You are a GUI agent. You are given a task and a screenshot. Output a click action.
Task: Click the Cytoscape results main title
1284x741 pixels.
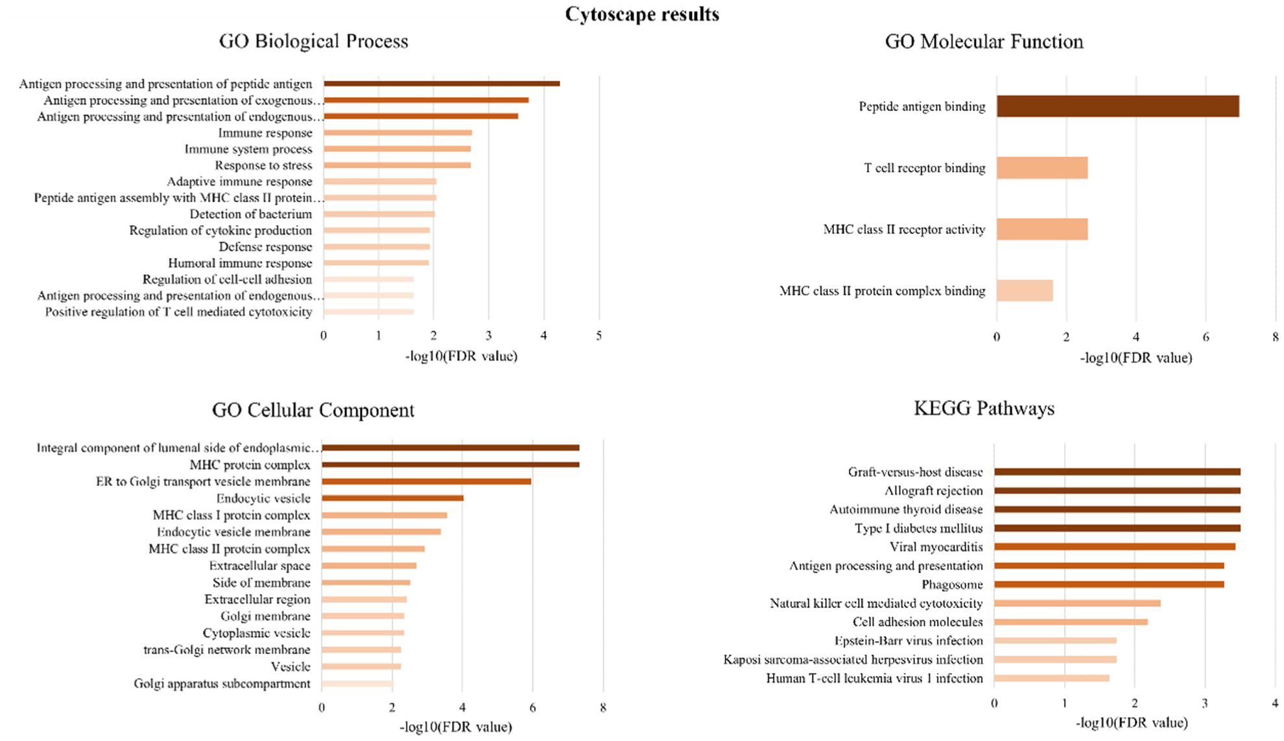(x=642, y=14)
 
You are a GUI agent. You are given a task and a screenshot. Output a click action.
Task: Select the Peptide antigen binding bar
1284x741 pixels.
(x=1117, y=106)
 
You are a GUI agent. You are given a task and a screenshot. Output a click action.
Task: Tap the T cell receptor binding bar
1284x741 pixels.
(x=1041, y=168)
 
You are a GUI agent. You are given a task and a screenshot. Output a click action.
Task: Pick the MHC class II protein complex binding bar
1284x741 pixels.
(x=1025, y=290)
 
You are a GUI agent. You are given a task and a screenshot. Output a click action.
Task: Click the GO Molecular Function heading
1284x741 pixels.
(x=984, y=41)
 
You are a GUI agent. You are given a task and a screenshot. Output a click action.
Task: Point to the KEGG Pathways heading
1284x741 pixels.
(x=984, y=408)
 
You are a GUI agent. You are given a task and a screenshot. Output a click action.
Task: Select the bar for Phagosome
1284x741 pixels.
(x=1109, y=584)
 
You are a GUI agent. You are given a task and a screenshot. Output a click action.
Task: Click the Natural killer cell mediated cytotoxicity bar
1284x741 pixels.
(x=1077, y=603)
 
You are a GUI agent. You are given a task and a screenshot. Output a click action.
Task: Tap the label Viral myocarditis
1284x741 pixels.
(x=936, y=547)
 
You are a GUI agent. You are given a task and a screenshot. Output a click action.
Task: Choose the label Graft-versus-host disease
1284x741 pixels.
(x=915, y=472)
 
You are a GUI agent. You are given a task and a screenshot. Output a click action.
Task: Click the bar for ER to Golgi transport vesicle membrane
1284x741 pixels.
(x=426, y=481)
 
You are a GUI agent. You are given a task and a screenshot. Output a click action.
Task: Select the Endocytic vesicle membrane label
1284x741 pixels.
(x=233, y=532)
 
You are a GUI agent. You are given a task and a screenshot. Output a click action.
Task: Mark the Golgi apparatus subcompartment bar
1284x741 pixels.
(x=357, y=683)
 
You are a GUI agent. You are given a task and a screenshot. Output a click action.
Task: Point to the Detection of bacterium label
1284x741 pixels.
(x=250, y=214)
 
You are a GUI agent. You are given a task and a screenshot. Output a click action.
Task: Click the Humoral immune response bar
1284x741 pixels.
(x=376, y=263)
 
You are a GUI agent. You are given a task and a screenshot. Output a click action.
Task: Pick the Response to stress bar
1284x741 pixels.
(x=397, y=165)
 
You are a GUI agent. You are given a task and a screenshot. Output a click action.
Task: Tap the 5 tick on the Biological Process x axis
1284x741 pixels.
(x=599, y=336)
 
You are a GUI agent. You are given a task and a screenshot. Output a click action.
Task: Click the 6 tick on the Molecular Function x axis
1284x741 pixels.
(x=1206, y=337)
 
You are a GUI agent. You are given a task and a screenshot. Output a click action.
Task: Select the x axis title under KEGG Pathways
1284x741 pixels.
(x=1132, y=722)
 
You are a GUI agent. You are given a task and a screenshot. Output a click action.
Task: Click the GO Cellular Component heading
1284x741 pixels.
(x=313, y=410)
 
